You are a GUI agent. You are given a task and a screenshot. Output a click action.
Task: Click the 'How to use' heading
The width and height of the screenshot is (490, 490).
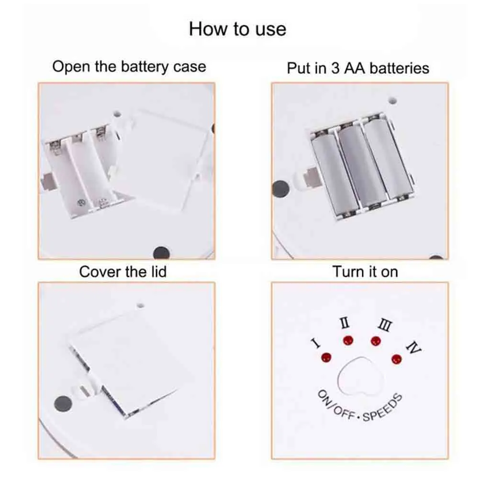click(x=237, y=29)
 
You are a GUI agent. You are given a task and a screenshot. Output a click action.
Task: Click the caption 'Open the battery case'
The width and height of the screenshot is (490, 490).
click(x=129, y=67)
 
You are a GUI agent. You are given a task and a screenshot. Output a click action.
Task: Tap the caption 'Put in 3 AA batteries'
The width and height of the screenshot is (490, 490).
click(x=358, y=68)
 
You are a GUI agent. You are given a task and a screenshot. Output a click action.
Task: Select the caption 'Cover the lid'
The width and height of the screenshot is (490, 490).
click(x=123, y=272)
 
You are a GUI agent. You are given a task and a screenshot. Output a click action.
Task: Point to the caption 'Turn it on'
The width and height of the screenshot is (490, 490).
click(x=365, y=272)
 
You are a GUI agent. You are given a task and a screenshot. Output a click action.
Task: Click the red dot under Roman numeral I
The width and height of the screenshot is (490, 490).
click(x=326, y=357)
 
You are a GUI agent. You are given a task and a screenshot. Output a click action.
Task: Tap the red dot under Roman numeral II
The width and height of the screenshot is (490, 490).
click(x=348, y=340)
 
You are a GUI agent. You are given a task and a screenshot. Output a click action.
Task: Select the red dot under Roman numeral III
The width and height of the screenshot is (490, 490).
click(x=376, y=341)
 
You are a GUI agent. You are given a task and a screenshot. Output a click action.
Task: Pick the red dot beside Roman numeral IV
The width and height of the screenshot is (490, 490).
click(x=397, y=359)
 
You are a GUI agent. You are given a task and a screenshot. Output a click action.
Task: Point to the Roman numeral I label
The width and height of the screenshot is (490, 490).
click(x=316, y=343)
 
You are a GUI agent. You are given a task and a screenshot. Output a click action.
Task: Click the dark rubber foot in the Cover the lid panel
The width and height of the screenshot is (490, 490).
click(x=63, y=404)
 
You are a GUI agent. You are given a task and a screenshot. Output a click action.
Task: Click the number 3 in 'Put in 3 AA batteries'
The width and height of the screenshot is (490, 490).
click(x=335, y=68)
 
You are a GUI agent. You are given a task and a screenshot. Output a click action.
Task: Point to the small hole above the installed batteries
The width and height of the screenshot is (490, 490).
click(x=393, y=100)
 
